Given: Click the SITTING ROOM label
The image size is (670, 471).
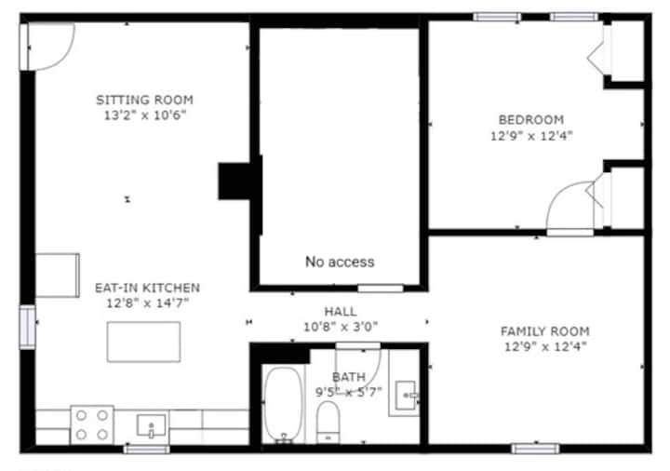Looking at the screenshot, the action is click(x=144, y=100).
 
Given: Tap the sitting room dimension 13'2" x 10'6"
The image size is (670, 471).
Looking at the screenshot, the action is click(x=145, y=115).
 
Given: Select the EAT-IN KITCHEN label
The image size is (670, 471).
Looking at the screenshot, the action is click(x=147, y=288).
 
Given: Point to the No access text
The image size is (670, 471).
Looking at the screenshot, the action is click(x=340, y=262).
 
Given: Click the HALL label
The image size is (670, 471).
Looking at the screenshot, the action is click(x=341, y=311).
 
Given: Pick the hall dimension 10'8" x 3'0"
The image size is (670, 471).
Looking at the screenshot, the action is click(x=341, y=327).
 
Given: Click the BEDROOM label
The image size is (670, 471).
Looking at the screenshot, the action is click(x=531, y=120).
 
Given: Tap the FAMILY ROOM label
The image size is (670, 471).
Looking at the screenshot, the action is click(x=544, y=331).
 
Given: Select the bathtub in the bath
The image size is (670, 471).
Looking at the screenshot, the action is click(x=283, y=404).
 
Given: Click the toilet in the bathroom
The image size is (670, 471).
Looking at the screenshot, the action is click(x=328, y=422).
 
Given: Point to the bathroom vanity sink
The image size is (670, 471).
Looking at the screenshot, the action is click(x=405, y=396).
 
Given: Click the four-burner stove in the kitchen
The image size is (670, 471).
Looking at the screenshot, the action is click(x=92, y=425).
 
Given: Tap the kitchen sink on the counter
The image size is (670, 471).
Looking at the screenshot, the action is click(x=152, y=425).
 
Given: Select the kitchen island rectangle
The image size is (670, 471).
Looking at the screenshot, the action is click(x=143, y=342).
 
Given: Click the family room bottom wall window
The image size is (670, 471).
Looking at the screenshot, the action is click(x=535, y=449).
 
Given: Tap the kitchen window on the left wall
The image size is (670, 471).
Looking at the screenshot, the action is click(x=27, y=327).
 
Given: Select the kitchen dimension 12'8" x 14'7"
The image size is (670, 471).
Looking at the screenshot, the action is click(x=147, y=303).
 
